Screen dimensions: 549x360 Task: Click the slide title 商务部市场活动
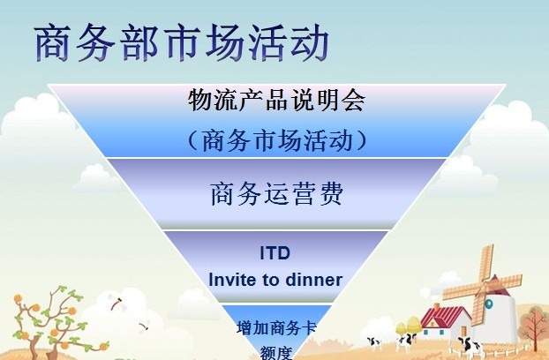(182, 43)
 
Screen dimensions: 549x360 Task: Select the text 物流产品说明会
(276, 100)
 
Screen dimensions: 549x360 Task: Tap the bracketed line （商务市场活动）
(277, 140)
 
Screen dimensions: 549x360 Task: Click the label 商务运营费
(276, 193)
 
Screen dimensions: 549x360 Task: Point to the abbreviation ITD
(275, 252)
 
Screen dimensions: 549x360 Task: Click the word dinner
(313, 280)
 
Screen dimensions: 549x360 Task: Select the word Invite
(232, 280)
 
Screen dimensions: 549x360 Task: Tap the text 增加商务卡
(276, 328)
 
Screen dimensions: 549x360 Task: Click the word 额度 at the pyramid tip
(276, 353)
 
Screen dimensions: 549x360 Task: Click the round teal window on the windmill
(489, 304)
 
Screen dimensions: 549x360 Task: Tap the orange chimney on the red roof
(436, 306)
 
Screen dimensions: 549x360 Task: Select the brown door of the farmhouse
(463, 332)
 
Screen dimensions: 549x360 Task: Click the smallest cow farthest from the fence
(374, 342)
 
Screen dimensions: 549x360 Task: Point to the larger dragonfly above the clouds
(117, 303)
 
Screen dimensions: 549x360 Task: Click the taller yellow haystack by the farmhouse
(413, 326)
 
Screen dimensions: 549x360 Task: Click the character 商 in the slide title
(53, 43)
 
